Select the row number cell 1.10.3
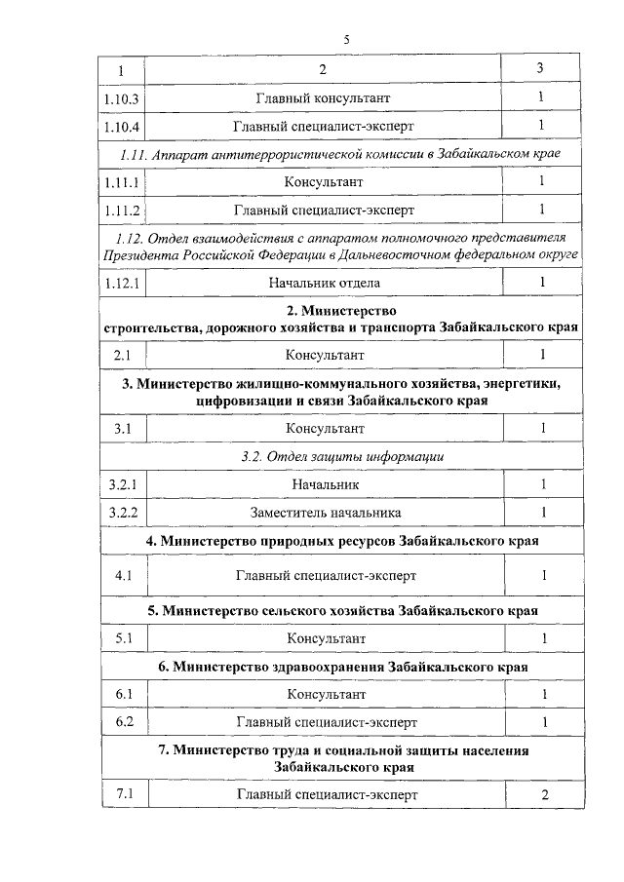[122, 98]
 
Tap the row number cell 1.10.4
[122, 126]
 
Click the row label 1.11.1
[122, 182]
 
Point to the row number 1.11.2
[122, 210]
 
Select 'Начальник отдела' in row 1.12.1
[326, 283]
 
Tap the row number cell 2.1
[122, 355]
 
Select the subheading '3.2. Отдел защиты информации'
[342, 456]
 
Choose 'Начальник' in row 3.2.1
[326, 484]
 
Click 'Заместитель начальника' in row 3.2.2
[326, 512]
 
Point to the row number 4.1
[123, 575]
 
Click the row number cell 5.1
[123, 638]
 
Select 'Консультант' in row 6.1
[326, 694]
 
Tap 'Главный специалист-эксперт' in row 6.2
[326, 722]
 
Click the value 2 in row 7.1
[545, 794]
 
